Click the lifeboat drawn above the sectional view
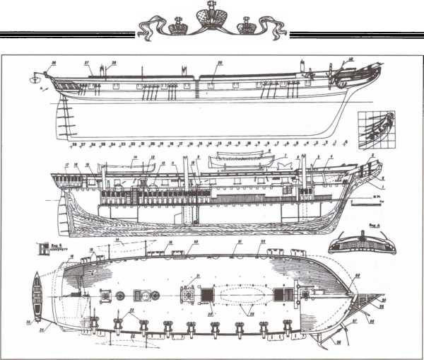pos(237,156)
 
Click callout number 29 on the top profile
pos(220,64)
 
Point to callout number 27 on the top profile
pos(88,63)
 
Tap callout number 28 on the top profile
pos(113,63)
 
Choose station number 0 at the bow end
pos(346,142)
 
